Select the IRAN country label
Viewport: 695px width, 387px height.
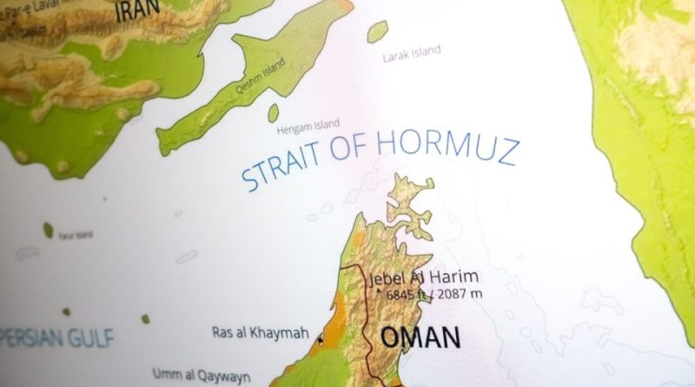click(x=138, y=8)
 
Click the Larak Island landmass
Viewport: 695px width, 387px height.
click(x=376, y=33)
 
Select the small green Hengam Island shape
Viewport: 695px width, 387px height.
click(x=273, y=113)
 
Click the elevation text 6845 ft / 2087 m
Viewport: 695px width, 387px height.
click(x=434, y=296)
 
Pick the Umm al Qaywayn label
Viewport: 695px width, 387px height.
click(x=201, y=375)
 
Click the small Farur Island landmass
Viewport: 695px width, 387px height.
click(x=49, y=230)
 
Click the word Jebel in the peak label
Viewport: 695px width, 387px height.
click(x=388, y=280)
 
